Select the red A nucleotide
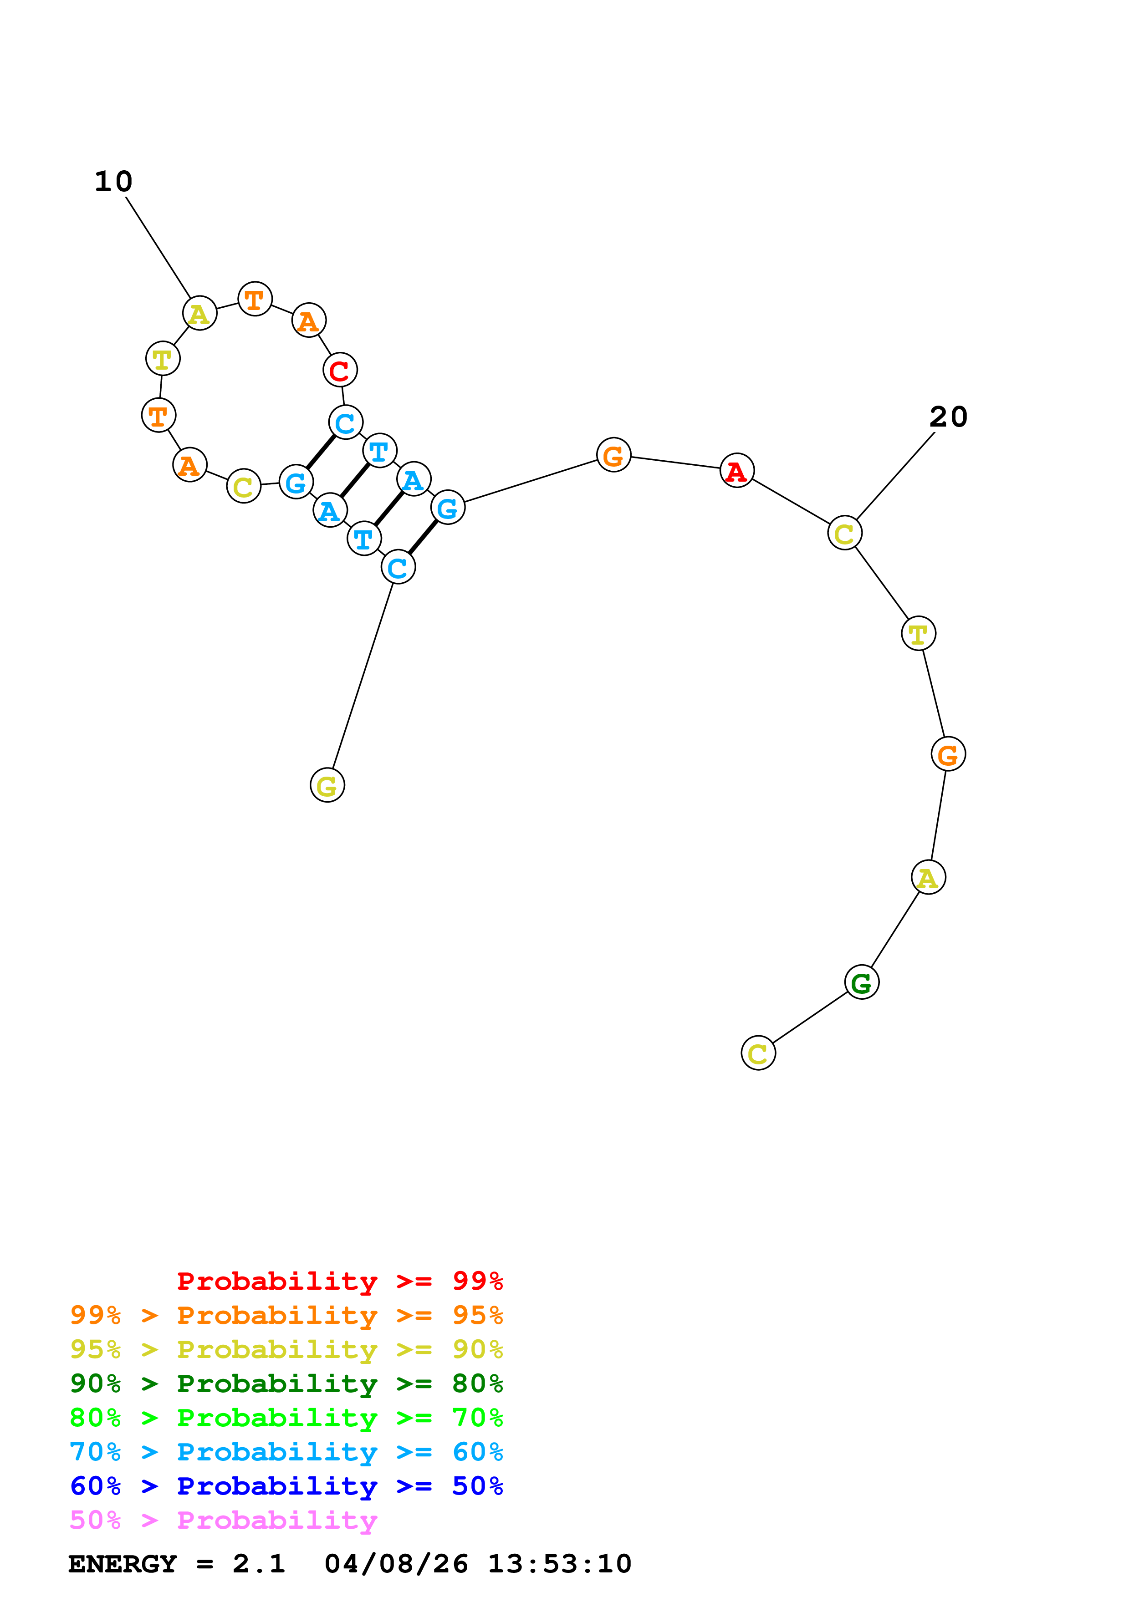coord(737,471)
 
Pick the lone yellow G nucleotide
coord(327,785)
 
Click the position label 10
coord(113,182)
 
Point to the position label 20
coord(948,417)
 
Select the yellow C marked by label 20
coord(844,534)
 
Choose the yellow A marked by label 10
coord(199,314)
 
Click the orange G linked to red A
coord(613,456)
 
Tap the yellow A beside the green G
coord(928,878)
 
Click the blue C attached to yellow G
coord(398,568)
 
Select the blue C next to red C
coord(345,422)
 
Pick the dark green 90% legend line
coord(286,1383)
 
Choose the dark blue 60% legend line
coord(286,1486)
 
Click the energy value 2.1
coord(259,1564)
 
